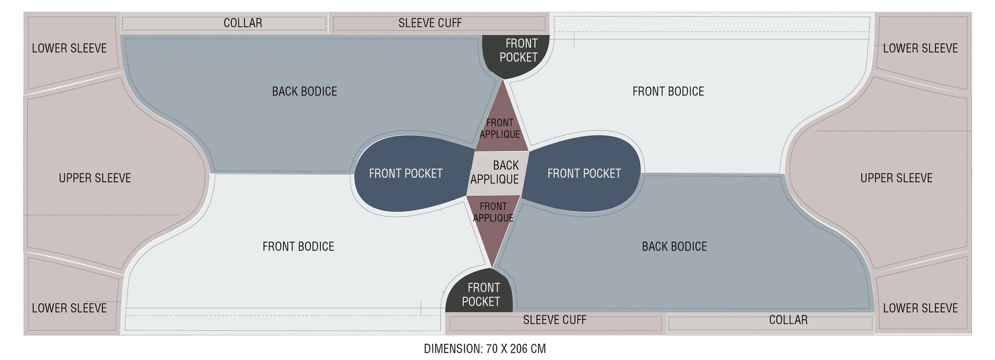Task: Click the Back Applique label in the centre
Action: coord(495,172)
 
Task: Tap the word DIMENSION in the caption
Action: coord(452,349)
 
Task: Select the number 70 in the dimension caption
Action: coord(492,349)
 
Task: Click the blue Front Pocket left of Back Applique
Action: coord(405,173)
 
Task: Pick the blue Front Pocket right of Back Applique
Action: coord(584,173)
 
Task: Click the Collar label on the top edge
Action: coord(243,23)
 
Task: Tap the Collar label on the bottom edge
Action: coord(788,320)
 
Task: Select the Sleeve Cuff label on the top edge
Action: coord(430,23)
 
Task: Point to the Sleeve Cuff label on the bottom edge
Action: coord(554,320)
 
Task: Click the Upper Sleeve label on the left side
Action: coord(95,178)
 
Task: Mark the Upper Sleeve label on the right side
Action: coord(896,178)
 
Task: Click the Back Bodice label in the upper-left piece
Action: coord(304,91)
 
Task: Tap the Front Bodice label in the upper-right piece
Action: coord(668,91)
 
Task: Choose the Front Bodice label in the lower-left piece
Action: coord(298,247)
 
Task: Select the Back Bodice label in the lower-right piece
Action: coord(674,247)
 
